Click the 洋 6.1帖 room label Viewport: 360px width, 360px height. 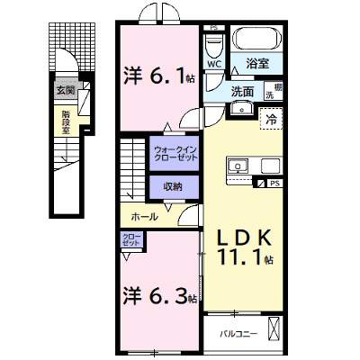pyautogui.click(x=159, y=76)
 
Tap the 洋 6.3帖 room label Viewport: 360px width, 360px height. pyautogui.click(x=160, y=296)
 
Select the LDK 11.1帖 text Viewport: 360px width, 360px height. pyautogui.click(x=245, y=247)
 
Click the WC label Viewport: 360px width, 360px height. pyautogui.click(x=215, y=64)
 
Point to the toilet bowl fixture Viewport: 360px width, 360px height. pyautogui.click(x=214, y=46)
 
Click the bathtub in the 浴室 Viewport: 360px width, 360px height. pyautogui.click(x=258, y=38)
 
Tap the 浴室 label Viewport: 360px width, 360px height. pyautogui.click(x=257, y=63)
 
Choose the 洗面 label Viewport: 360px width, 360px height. pyautogui.click(x=242, y=92)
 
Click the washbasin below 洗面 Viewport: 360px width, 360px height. pyautogui.click(x=242, y=109)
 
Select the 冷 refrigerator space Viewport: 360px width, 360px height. pyautogui.click(x=272, y=119)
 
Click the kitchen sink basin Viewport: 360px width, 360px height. pyautogui.click(x=238, y=166)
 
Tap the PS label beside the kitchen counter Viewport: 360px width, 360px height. pyautogui.click(x=274, y=183)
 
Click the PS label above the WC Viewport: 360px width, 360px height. pyautogui.click(x=213, y=28)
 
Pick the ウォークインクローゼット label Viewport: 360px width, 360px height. pyautogui.click(x=175, y=153)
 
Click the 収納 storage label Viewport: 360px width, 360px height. pyautogui.click(x=173, y=187)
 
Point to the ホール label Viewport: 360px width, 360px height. pyautogui.click(x=145, y=216)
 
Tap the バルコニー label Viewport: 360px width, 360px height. pyautogui.click(x=238, y=334)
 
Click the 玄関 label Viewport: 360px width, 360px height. pyautogui.click(x=66, y=90)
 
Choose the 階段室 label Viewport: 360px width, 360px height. pyautogui.click(x=66, y=122)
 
